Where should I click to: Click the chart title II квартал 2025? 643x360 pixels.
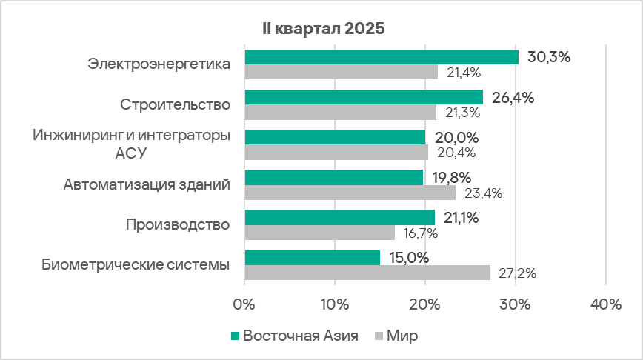pos(321,29)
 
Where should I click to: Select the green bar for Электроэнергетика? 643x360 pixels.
pos(381,57)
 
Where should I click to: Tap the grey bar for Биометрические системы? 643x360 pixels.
pos(367,272)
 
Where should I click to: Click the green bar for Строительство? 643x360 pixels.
pos(363,97)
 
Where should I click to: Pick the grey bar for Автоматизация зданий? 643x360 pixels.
pos(350,193)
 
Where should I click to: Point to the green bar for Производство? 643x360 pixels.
pos(339,217)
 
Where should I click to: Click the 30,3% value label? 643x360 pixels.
pos(548,57)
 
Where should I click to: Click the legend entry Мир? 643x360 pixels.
pos(396,336)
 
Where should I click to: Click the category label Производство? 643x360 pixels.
pos(178,224)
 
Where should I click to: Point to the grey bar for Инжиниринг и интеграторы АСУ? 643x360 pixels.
pos(336,152)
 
